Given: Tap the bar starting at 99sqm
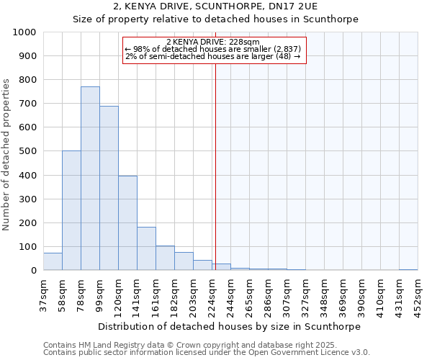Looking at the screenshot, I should [x=109, y=188].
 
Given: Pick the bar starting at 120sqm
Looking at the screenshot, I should [x=127, y=223].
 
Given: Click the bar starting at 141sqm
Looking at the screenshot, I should [x=146, y=248].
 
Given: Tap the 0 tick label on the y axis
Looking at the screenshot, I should [x=34, y=271].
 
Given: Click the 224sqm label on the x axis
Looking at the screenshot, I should [x=212, y=296].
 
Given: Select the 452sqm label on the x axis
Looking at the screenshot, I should [x=418, y=296].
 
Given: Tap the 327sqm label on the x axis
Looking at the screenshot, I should [x=306, y=296].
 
